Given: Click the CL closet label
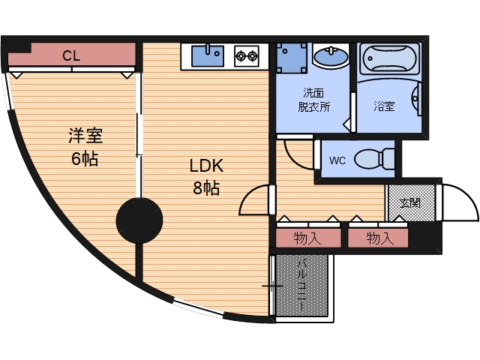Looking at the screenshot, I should pyautogui.click(x=72, y=55).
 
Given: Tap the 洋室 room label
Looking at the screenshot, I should pyautogui.click(x=85, y=136).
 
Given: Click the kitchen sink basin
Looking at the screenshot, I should pyautogui.click(x=207, y=54).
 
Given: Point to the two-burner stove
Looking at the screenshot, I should pyautogui.click(x=246, y=54).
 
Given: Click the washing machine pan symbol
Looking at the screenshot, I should pyautogui.click(x=291, y=57).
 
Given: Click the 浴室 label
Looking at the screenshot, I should pyautogui.click(x=385, y=106).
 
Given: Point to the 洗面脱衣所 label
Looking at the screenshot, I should pyautogui.click(x=315, y=100).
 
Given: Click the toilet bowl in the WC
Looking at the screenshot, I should pyautogui.click(x=373, y=159).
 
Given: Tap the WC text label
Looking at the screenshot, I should pyautogui.click(x=337, y=160).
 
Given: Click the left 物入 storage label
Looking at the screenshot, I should pyautogui.click(x=307, y=238).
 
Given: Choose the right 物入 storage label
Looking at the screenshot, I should pyautogui.click(x=380, y=238).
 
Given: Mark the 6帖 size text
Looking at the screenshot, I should pyautogui.click(x=84, y=159).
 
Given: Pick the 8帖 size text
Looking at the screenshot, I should pyautogui.click(x=206, y=188).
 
